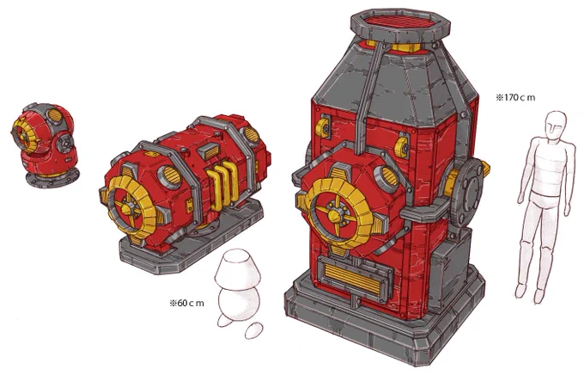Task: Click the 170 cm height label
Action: coord(515,98)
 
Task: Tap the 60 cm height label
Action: coord(186,303)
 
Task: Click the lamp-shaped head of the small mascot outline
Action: coord(238,268)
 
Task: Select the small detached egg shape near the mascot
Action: coord(253,331)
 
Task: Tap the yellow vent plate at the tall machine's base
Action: coord(354,277)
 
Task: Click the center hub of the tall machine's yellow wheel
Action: coord(334,214)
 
